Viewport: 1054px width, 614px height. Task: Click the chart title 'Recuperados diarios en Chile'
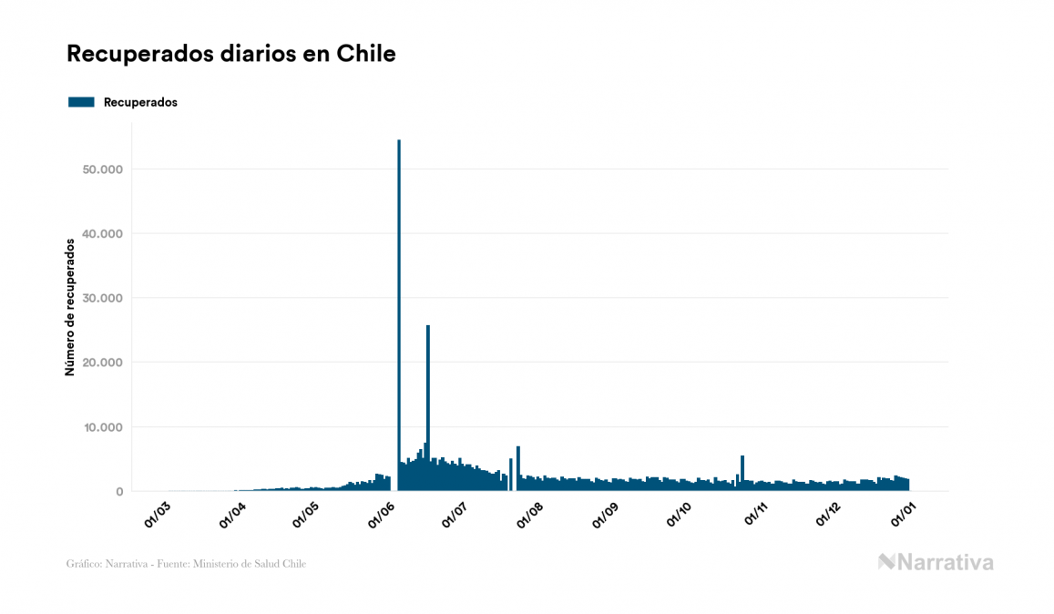pyautogui.click(x=231, y=54)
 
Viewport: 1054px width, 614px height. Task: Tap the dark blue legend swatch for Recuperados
pyautogui.click(x=81, y=102)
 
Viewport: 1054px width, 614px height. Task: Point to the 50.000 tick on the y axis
pyautogui.click(x=102, y=169)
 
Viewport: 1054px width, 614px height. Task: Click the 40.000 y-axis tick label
pyautogui.click(x=102, y=234)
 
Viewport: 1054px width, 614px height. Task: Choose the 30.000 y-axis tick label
pyautogui.click(x=102, y=298)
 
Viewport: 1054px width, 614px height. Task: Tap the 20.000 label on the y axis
pyautogui.click(x=102, y=363)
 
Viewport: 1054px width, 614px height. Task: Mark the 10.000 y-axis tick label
pyautogui.click(x=102, y=427)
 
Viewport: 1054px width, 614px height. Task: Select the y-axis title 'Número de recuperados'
pyautogui.click(x=70, y=307)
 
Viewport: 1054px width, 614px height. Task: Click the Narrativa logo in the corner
pyautogui.click(x=936, y=562)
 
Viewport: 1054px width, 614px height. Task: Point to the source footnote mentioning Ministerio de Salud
pyautogui.click(x=186, y=564)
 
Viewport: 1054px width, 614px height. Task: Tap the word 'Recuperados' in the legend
pyautogui.click(x=140, y=102)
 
